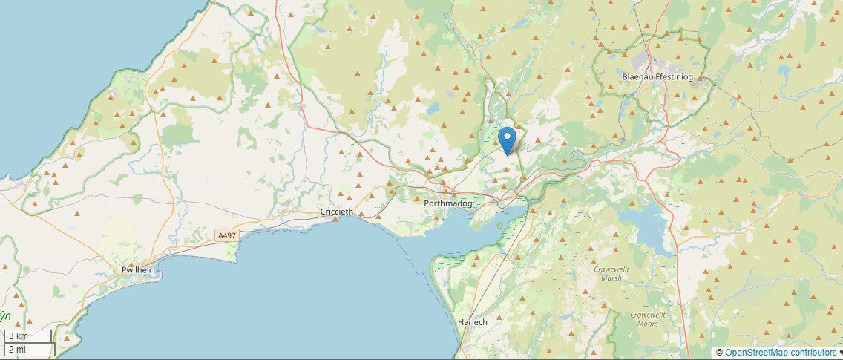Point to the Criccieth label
[x=336, y=212]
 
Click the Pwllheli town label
[x=137, y=270]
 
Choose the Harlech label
[x=473, y=321]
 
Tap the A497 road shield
[x=227, y=235]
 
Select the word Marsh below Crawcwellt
[x=611, y=278]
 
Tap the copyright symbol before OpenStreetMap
[x=719, y=353]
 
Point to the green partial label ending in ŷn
[x=6, y=315]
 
